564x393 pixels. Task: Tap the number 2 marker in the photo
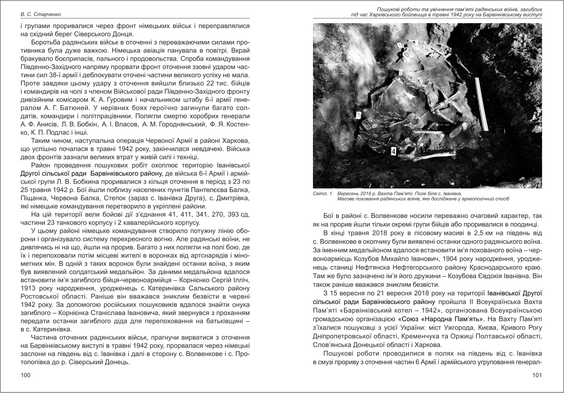401,73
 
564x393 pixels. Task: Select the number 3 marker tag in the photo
358,115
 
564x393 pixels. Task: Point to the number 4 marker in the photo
393,151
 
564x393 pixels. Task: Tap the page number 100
26,376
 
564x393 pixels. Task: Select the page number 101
537,376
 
